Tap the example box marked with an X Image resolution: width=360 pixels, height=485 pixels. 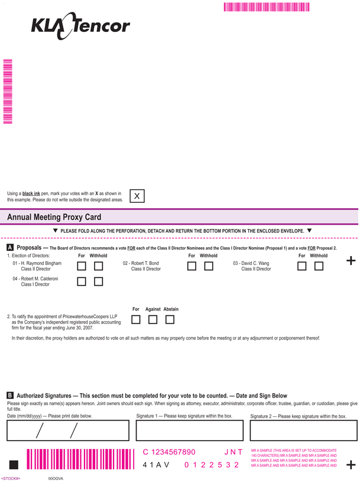[x=137, y=196]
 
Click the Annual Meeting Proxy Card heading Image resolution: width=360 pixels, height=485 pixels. [x=54, y=217]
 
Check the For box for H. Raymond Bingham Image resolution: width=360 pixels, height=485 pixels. [x=82, y=266]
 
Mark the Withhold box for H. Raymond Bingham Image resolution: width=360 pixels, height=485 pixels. [x=98, y=266]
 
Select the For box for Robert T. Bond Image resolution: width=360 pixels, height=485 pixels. [x=192, y=266]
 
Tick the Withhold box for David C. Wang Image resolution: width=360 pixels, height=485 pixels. [x=319, y=266]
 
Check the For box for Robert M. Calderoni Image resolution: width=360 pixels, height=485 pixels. [x=82, y=282]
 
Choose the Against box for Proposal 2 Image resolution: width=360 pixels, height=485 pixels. [x=153, y=319]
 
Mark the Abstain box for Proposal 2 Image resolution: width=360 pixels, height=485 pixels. [x=170, y=319]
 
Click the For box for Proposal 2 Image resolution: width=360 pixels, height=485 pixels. [x=136, y=319]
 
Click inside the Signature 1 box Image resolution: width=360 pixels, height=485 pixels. [x=190, y=431]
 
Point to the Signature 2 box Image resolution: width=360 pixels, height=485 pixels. [x=304, y=431]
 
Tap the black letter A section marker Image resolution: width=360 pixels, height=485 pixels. [x=10, y=247]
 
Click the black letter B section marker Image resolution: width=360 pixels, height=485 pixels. [x=10, y=395]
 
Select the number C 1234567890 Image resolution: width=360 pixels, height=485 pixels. [x=169, y=452]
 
